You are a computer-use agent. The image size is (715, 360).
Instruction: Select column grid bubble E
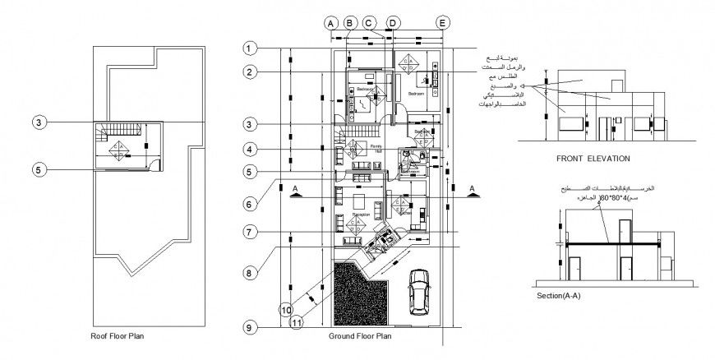tap(443, 23)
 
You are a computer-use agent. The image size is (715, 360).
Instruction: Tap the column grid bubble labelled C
tap(370, 23)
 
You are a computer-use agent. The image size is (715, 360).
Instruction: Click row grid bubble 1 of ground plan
tap(250, 48)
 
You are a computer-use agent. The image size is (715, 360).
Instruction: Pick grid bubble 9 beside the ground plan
tap(250, 327)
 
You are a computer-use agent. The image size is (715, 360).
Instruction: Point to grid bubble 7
tap(250, 232)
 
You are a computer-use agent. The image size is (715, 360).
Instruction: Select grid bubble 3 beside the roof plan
tap(38, 122)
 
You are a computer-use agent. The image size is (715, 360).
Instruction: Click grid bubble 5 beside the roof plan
tap(38, 169)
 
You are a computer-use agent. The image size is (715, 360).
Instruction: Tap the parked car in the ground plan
tap(417, 290)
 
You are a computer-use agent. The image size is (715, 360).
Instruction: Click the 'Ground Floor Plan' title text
tap(359, 336)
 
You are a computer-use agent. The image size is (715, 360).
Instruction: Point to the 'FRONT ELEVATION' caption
tap(593, 158)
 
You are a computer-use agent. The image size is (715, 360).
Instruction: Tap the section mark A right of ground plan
tap(473, 190)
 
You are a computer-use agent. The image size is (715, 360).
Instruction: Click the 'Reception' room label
tap(360, 215)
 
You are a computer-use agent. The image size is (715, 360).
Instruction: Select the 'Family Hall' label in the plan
tap(376, 148)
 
